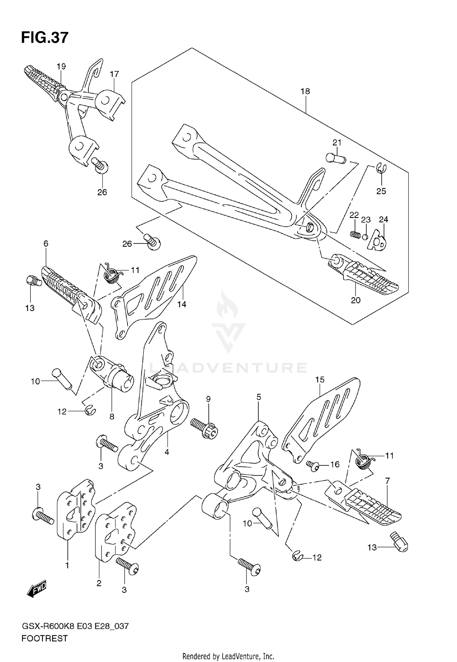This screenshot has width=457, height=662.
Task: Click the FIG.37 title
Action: pos(45,38)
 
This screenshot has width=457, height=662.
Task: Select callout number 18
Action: pos(305,91)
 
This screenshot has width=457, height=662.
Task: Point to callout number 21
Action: pos(337,143)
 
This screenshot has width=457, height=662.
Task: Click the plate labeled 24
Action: pos(377,241)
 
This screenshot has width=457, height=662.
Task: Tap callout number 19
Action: pos(61,66)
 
